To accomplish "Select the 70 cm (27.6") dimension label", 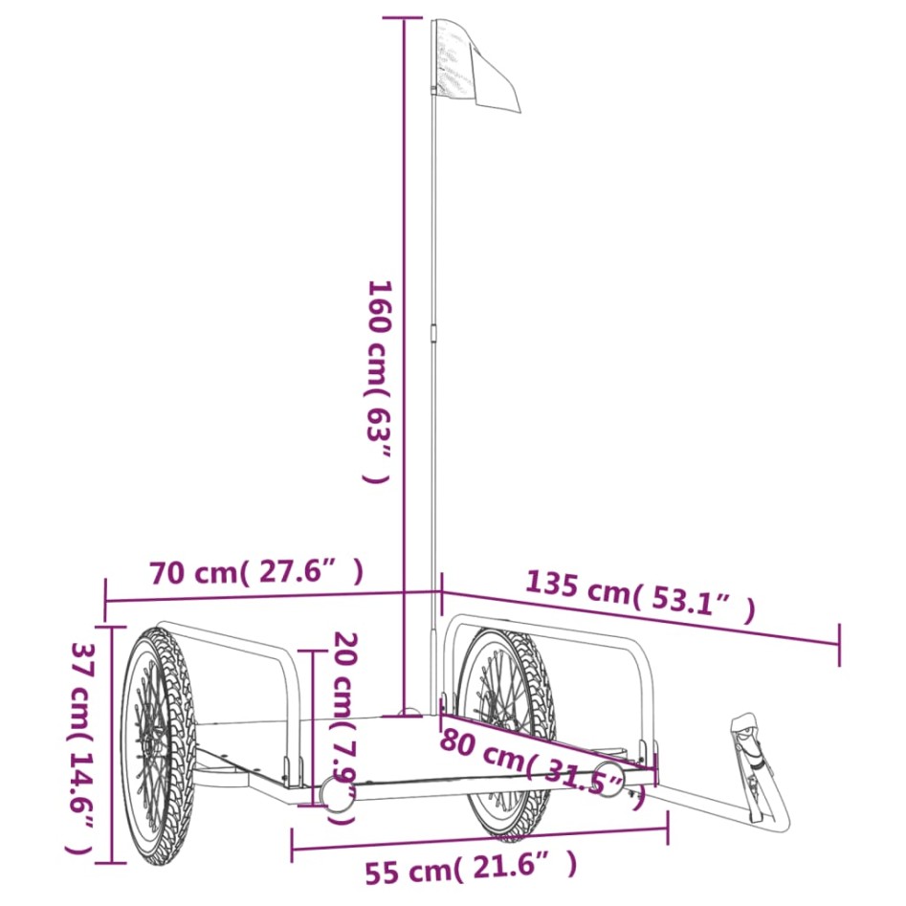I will coord(256,573).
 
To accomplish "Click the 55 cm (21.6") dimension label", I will coord(471,869).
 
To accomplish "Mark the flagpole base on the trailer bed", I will coord(409,713).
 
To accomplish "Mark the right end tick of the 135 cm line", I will coord(839,644).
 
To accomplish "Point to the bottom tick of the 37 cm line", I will coord(113,863).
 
